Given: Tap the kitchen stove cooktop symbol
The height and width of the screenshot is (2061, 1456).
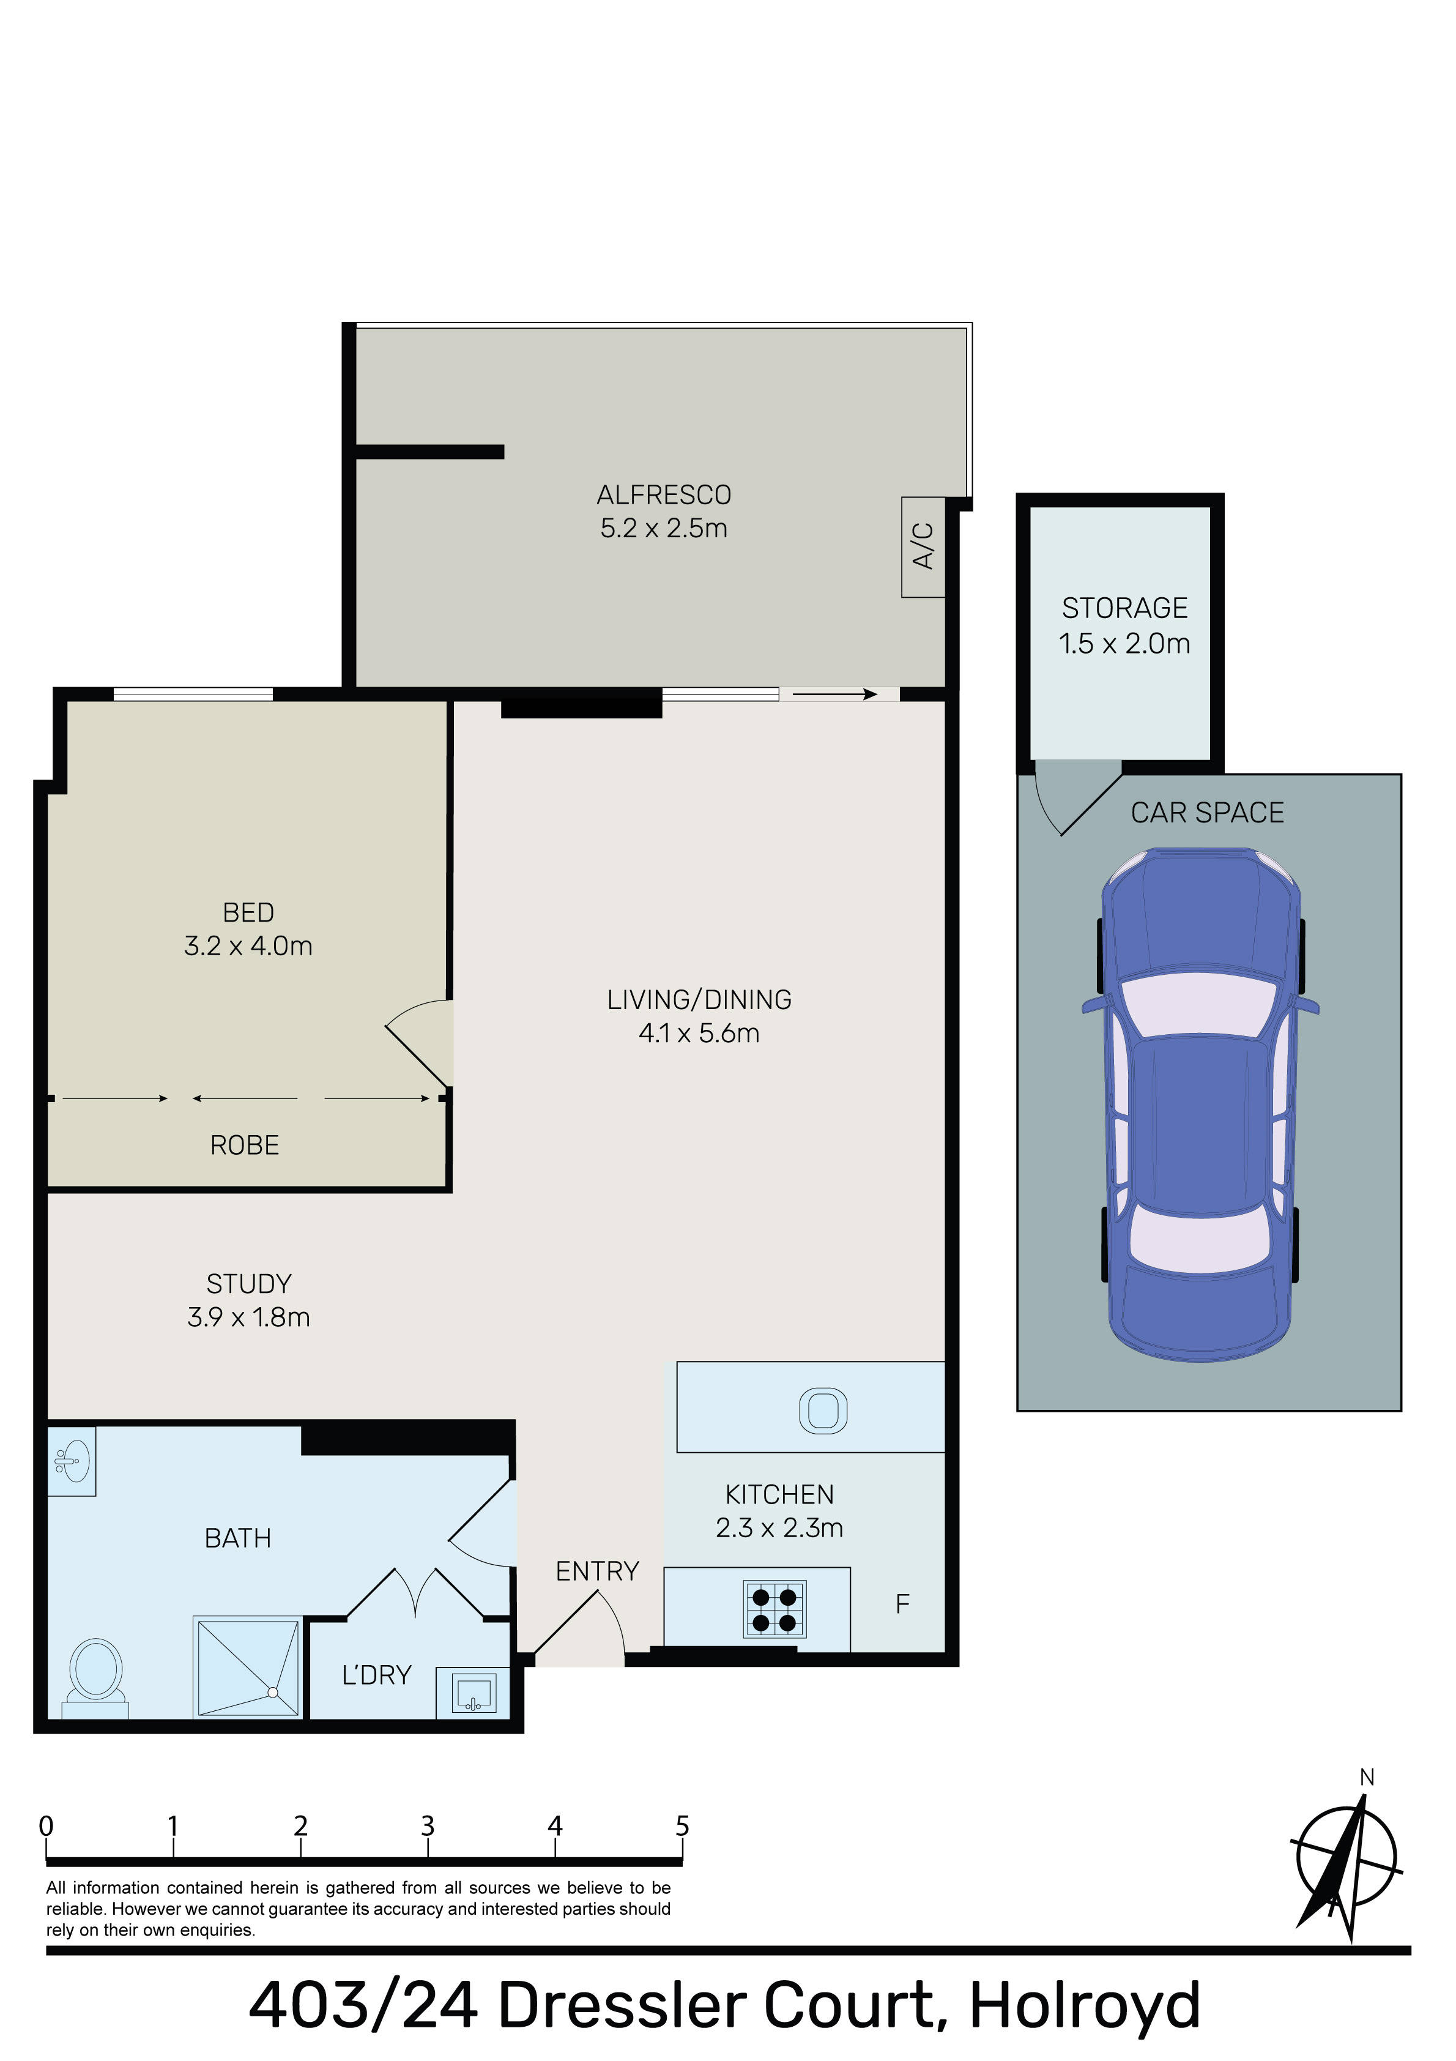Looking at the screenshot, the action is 774,1609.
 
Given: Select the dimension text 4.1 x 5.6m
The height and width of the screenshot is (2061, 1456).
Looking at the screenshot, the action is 699,1033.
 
